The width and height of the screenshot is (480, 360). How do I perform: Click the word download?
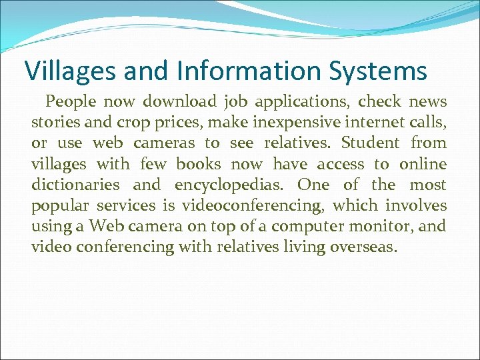(x=179, y=102)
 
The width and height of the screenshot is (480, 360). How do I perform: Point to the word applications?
(x=298, y=103)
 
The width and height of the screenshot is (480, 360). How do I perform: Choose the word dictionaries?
(x=75, y=185)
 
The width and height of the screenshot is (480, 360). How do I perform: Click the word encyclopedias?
(x=231, y=185)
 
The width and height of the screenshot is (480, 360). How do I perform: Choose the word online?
(x=423, y=164)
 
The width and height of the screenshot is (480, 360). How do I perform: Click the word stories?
(x=53, y=123)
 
